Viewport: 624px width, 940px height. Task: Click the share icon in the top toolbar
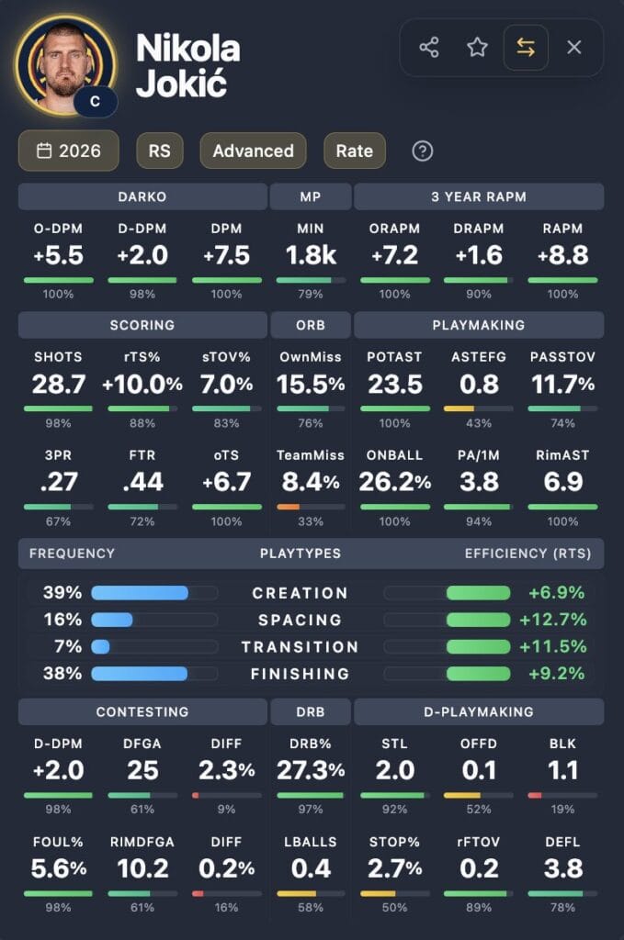[428, 48]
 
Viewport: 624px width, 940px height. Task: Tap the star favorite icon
[477, 48]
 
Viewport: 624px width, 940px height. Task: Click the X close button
[574, 48]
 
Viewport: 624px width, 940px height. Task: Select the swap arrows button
[526, 48]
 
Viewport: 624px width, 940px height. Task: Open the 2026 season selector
[69, 151]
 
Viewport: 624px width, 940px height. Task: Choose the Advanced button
[253, 151]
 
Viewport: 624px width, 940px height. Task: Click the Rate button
[354, 151]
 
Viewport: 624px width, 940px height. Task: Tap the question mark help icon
[422, 151]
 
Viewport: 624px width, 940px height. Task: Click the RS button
[159, 151]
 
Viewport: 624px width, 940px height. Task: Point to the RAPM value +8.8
[563, 256]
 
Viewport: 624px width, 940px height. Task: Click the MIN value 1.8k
[311, 256]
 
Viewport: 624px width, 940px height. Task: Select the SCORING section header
[142, 325]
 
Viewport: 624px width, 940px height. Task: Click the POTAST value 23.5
[394, 384]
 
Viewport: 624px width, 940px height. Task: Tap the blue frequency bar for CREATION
[140, 593]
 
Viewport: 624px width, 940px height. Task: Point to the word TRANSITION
[300, 646]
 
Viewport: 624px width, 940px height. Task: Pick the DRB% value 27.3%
[311, 770]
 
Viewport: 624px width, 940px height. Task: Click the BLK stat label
[563, 743]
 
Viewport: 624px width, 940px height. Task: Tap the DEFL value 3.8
[563, 868]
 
